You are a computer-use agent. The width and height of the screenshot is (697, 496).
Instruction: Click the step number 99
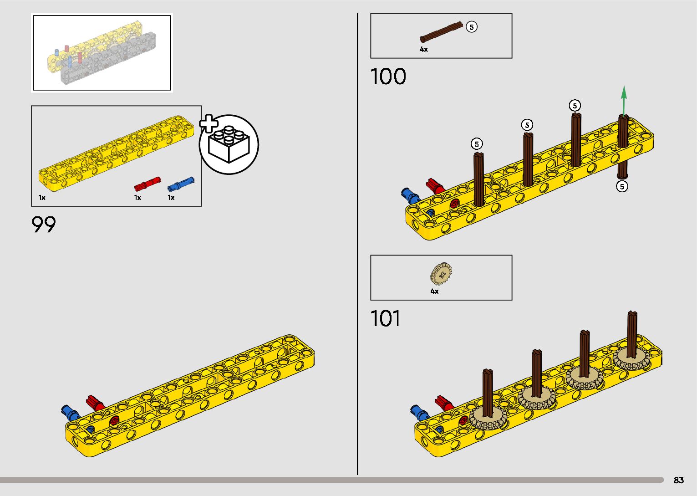click(44, 225)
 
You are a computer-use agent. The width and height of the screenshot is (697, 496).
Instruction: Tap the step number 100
click(388, 77)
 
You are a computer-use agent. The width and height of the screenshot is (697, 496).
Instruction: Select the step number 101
click(386, 319)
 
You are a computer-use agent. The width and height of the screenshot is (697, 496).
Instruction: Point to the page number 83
click(678, 481)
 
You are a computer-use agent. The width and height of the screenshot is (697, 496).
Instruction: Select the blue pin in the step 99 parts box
click(181, 184)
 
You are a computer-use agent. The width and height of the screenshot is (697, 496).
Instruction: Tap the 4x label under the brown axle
click(424, 49)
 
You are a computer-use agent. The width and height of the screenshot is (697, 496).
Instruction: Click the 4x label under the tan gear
click(435, 291)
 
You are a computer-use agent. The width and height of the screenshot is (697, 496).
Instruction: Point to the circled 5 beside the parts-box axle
click(472, 27)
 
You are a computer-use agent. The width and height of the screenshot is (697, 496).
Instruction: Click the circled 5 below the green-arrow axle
click(621, 186)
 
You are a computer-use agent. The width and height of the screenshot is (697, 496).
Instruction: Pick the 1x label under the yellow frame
click(42, 198)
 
